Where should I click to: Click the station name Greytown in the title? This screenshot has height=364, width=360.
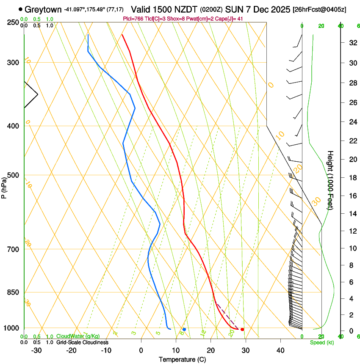[43, 9]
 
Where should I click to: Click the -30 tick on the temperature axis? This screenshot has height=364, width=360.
[36, 350]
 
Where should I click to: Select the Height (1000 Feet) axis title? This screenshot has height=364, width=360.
[330, 180]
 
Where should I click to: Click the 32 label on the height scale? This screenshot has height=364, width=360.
[352, 43]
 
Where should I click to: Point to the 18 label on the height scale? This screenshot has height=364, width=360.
[352, 177]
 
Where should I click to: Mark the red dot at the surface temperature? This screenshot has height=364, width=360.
[242, 329]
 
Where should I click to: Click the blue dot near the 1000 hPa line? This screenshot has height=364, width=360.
[184, 329]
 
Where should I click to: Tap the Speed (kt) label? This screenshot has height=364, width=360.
[321, 342]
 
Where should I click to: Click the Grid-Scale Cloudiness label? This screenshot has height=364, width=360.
[82, 342]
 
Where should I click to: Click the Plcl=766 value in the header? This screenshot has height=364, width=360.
[133, 19]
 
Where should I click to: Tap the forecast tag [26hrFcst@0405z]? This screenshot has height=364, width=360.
[319, 10]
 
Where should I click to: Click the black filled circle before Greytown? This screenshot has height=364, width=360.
[20, 9]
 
